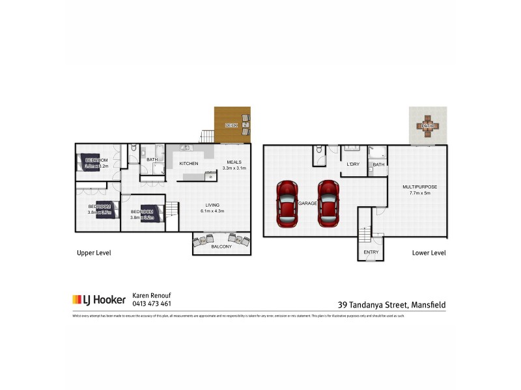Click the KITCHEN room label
pyautogui.click(x=189, y=163)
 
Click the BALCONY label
pyautogui.click(x=221, y=246)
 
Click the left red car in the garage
pyautogui.click(x=287, y=203)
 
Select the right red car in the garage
pyautogui.click(x=328, y=203)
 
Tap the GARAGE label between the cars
pyautogui.click(x=308, y=203)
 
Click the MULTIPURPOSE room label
pyautogui.click(x=419, y=187)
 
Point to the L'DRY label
pyautogui.click(x=353, y=164)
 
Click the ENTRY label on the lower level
pyautogui.click(x=371, y=252)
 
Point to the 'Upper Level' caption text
pyautogui.click(x=94, y=252)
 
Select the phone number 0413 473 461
pyautogui.click(x=152, y=304)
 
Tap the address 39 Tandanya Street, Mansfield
pyautogui.click(x=392, y=304)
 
